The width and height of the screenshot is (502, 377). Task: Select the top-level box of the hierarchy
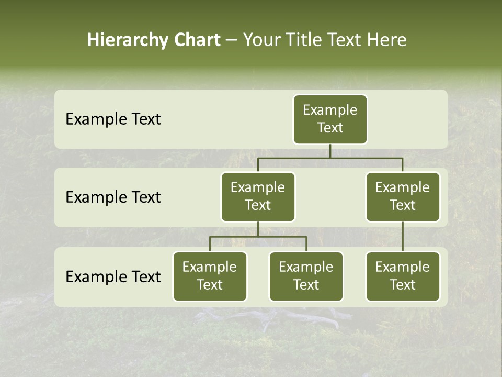(x=330, y=119)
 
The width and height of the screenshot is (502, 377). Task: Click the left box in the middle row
(x=258, y=196)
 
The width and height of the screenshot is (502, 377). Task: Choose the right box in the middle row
(x=403, y=196)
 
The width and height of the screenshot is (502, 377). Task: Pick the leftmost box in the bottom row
(x=210, y=276)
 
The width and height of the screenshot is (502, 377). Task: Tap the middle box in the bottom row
(x=306, y=276)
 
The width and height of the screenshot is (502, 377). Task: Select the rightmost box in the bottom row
(x=403, y=276)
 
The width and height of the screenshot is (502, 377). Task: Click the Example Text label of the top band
(x=113, y=119)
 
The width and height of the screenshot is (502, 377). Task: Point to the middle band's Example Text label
(x=113, y=197)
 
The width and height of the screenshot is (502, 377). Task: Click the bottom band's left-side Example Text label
(x=113, y=277)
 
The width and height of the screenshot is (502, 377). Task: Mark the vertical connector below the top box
(x=330, y=151)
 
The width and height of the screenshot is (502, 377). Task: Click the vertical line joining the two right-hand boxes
(x=403, y=237)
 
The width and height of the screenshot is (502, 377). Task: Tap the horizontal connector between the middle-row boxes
(x=330, y=158)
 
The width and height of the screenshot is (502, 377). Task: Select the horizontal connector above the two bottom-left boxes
(x=258, y=237)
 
